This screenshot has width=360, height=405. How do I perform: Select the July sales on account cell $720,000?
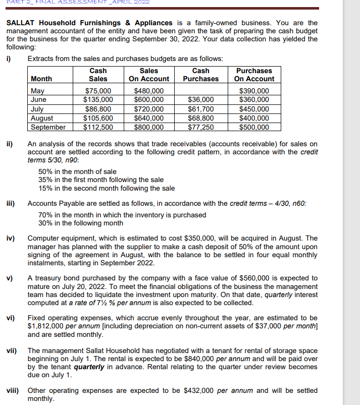[x=149, y=109]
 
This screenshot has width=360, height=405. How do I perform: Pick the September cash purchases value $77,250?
[x=201, y=127]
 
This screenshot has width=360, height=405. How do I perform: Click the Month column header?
[x=41, y=79]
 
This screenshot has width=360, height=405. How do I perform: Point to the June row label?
[x=39, y=100]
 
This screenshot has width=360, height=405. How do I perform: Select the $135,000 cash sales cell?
[x=98, y=100]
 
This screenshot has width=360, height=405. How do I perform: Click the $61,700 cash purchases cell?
[x=201, y=109]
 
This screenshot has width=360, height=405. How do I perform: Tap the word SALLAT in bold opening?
[x=23, y=23]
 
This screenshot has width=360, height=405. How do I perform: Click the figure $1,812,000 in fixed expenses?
[x=51, y=326]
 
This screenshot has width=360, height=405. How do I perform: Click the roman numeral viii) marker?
[x=13, y=390]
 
